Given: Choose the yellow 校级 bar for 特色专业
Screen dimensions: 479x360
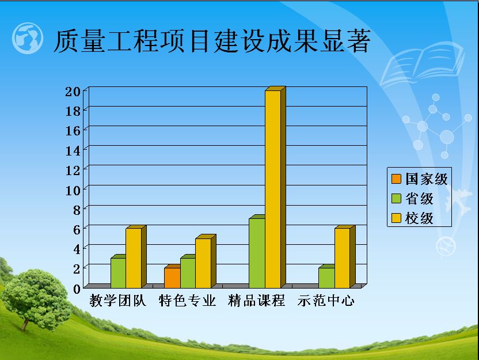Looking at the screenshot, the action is point(206,262).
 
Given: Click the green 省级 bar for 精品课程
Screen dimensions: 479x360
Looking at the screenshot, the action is point(257,252).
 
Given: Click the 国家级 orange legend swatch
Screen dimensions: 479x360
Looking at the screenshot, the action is point(396,179).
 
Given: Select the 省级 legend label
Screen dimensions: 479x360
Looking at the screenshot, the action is point(419,199).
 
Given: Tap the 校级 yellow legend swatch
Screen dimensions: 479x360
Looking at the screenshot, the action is point(396,218).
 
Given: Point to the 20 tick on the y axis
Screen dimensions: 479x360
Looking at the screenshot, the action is point(73,92).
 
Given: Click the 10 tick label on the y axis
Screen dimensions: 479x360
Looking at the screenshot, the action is point(73,191).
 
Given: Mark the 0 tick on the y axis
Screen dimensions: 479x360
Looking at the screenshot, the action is point(77,289).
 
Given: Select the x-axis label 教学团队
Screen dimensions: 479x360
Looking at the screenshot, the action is point(118,301).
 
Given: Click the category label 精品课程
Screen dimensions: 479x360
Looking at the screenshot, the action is point(257,301).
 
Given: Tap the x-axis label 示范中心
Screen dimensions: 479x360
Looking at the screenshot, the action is point(326,301).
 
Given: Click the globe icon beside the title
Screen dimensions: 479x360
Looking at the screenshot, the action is point(28,38).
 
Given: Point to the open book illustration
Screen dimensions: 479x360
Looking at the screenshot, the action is point(423,64).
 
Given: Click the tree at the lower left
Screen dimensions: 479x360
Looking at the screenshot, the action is point(36,298).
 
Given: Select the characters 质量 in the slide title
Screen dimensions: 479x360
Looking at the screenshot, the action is point(79,41).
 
